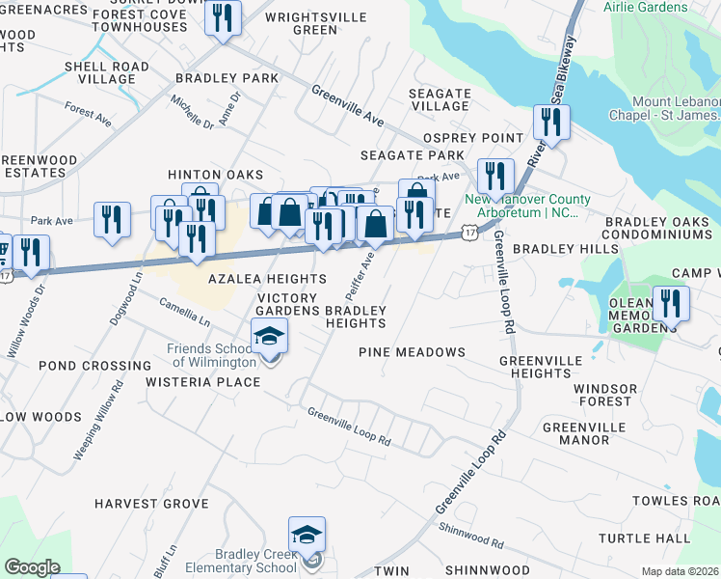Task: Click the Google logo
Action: coord(32,567)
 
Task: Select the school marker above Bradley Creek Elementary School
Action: coord(307,535)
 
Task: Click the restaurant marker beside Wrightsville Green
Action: coord(223,17)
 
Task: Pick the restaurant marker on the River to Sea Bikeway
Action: coord(551,122)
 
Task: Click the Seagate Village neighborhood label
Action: coord(440,99)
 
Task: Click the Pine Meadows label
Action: coord(412,352)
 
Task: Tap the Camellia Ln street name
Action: coord(185,311)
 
